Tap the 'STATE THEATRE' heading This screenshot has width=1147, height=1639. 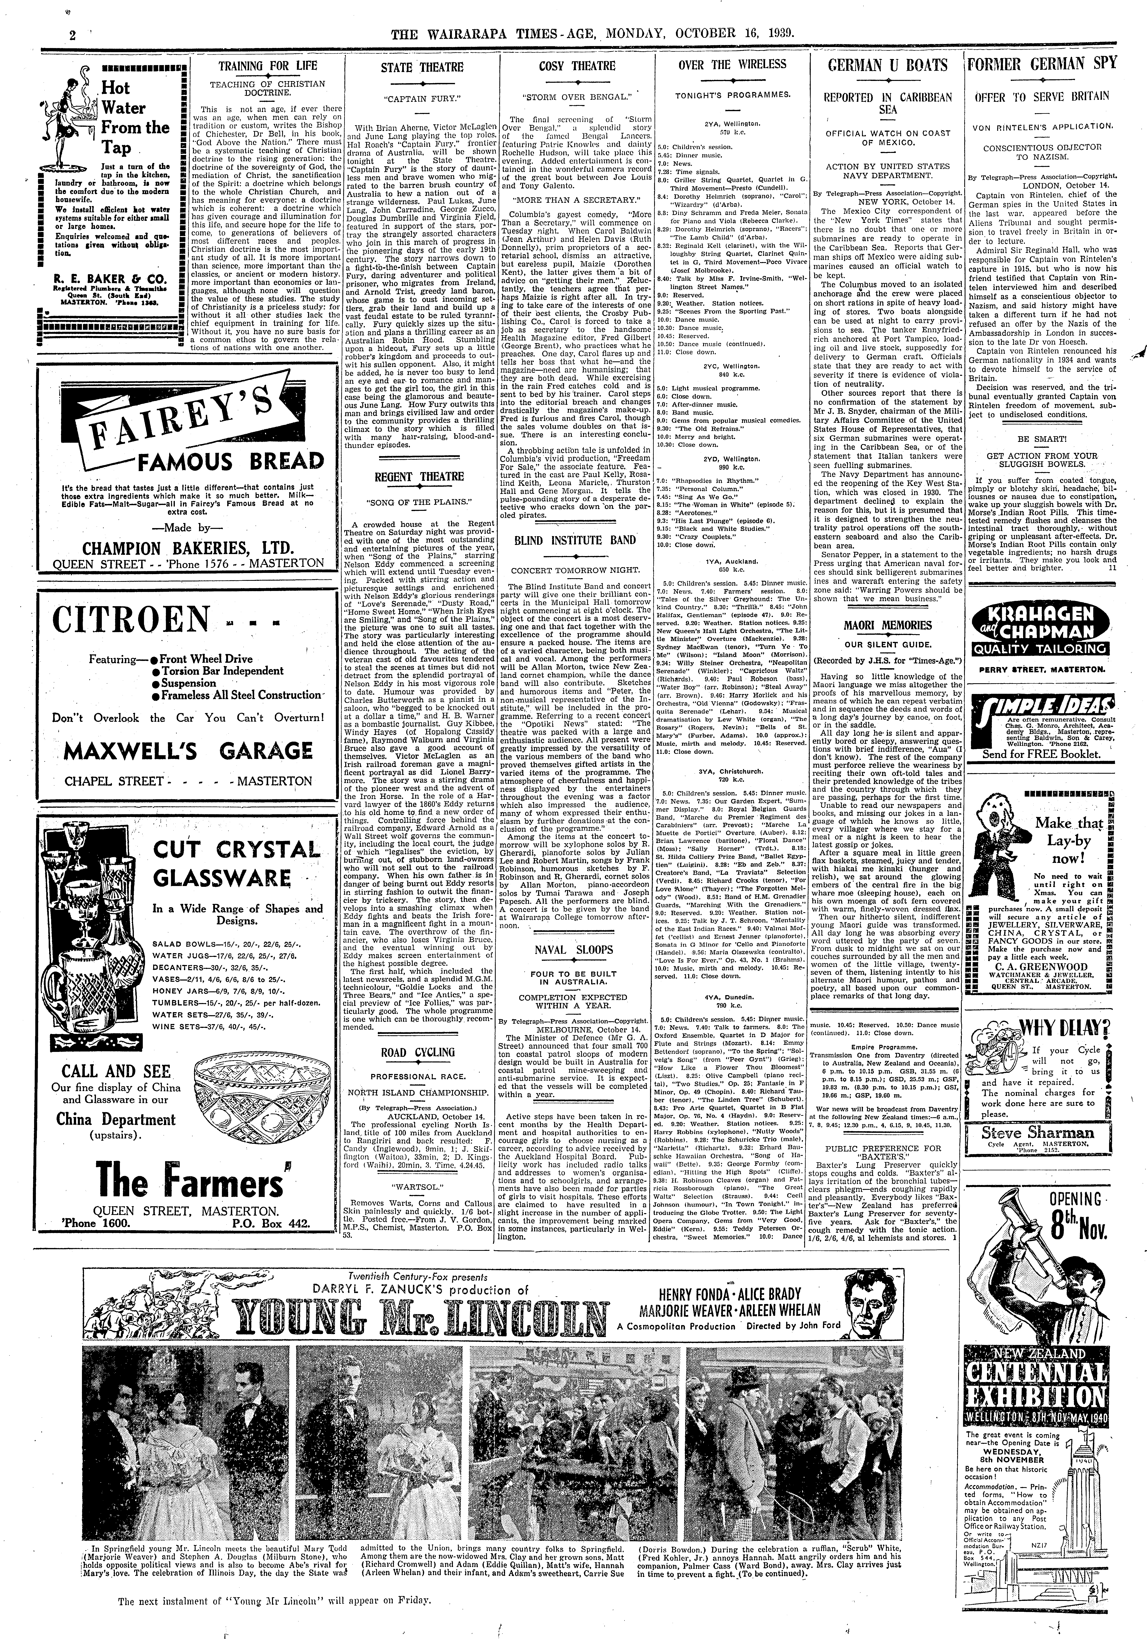click(422, 68)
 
